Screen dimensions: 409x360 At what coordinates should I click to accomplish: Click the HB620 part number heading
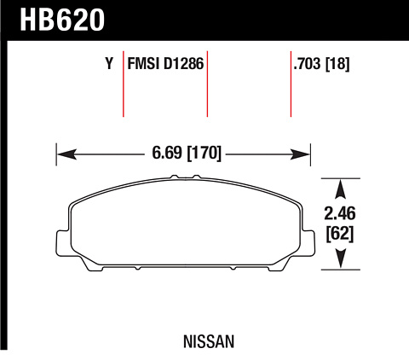pos(62,20)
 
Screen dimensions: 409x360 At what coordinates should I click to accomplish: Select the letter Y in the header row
pos(109,63)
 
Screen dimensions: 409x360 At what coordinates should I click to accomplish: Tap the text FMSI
pos(143,63)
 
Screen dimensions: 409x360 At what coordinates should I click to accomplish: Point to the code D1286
pos(183,63)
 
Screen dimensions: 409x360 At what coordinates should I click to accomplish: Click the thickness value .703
pos(308,63)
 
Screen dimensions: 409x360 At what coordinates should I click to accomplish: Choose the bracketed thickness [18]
pos(337,64)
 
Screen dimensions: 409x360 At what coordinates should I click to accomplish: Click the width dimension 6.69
pos(167,153)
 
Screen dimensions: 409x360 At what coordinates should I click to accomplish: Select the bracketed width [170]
pos(204,154)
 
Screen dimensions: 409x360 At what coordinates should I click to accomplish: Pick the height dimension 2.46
pos(340,213)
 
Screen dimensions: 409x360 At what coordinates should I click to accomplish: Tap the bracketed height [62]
pos(340,234)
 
